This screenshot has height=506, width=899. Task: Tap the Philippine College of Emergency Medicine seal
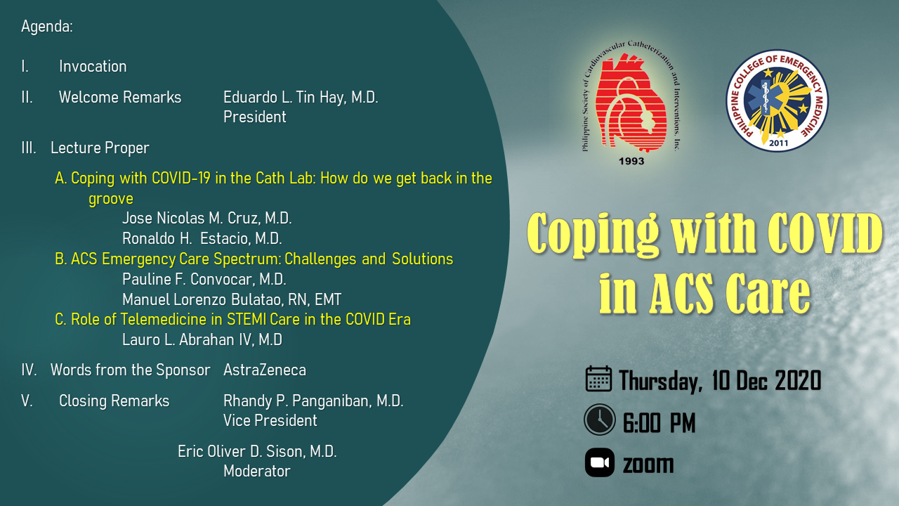pos(777,100)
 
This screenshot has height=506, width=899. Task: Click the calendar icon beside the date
pos(598,379)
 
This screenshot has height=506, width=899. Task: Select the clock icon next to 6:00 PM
pos(599,420)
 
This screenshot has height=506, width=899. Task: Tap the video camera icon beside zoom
pos(600,462)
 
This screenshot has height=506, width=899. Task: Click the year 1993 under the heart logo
pos(631,161)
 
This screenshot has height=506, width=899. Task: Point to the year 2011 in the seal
pos(778,143)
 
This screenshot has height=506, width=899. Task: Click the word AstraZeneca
pos(265,370)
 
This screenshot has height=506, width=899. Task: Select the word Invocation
pos(93,66)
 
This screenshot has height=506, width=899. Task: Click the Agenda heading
pos(47,27)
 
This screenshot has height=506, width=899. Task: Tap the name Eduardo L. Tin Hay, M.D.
pos(301,98)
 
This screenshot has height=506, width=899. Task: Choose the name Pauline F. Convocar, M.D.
pos(204,279)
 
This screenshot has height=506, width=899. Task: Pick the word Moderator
pos(257,471)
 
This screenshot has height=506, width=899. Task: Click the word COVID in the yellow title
pos(825,234)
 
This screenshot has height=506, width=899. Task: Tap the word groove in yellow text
pos(111,199)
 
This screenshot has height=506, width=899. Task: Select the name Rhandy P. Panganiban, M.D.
pos(313,401)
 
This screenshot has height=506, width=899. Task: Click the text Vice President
pos(270,420)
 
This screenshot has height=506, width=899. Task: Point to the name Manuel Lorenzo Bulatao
pos(213,299)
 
